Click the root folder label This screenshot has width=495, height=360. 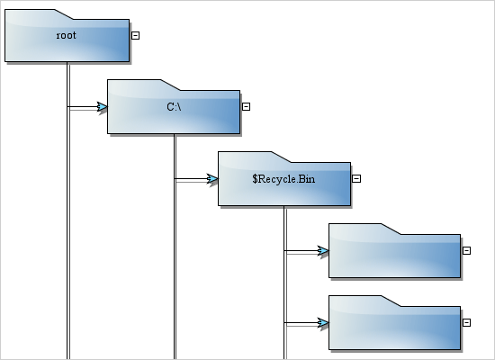(66, 36)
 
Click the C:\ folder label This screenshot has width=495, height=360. (175, 107)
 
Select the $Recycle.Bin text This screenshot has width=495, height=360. (283, 179)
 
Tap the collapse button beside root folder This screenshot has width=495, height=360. (135, 35)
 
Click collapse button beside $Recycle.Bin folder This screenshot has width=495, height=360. (356, 178)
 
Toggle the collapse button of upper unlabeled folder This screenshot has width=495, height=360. (466, 250)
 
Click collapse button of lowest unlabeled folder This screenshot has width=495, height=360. (466, 322)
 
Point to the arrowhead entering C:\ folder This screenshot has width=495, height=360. (102, 107)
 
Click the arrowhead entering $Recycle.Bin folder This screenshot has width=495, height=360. (212, 179)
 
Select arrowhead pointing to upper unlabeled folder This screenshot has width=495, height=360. (322, 251)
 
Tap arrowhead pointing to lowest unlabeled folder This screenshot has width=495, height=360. (322, 322)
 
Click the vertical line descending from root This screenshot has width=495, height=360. (67, 225)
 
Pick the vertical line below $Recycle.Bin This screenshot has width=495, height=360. (284, 288)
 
